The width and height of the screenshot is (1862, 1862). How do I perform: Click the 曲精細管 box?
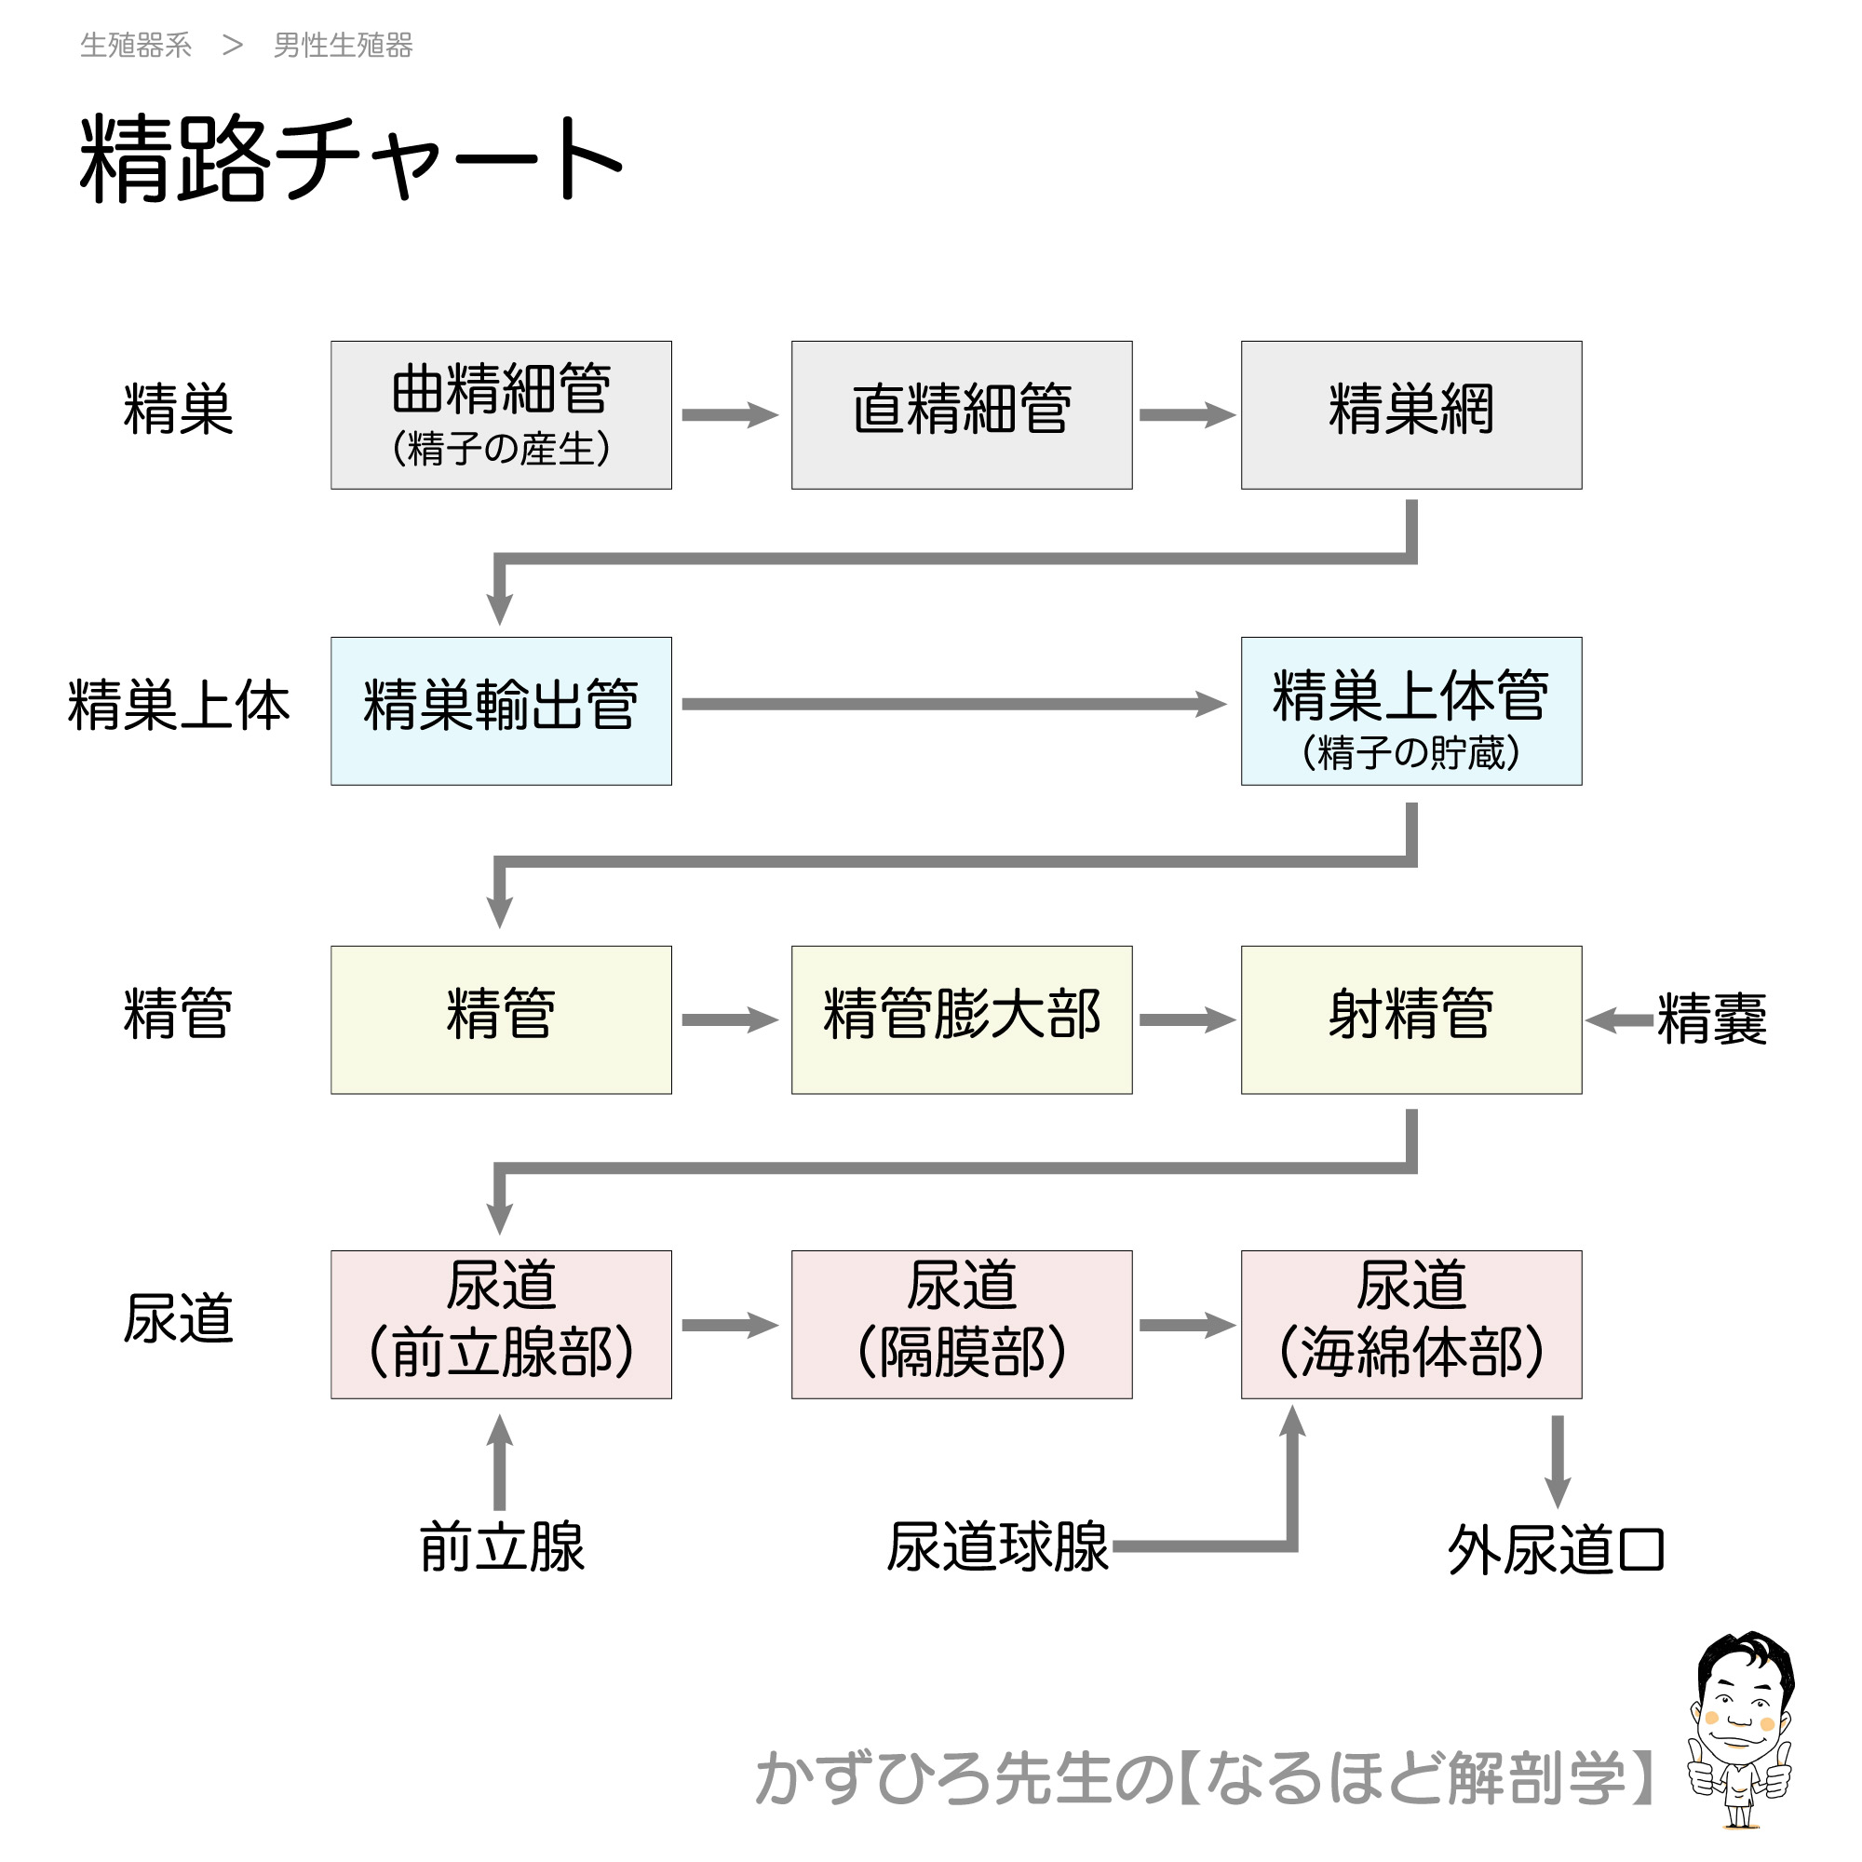tap(501, 414)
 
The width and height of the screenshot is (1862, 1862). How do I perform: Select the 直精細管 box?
tap(961, 414)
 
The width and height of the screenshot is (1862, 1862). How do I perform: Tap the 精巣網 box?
tap(1411, 414)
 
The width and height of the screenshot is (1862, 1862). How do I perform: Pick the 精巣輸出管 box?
tap(501, 710)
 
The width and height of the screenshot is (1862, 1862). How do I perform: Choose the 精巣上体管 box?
tap(1411, 710)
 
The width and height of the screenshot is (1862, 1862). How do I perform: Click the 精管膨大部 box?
tap(961, 1019)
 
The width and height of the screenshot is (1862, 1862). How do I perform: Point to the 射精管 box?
tap(1411, 1019)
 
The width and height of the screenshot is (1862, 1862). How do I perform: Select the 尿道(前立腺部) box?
tap(501, 1324)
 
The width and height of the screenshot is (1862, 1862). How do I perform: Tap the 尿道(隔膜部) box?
tap(961, 1324)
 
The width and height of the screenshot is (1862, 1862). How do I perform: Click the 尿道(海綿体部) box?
tap(1411, 1324)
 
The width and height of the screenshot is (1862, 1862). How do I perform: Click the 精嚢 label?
tap(1712, 1019)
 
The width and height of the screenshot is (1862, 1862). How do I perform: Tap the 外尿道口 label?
tap(1556, 1551)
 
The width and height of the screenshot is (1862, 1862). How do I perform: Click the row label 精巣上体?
tap(179, 706)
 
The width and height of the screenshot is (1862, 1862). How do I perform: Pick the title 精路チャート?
tap(352, 159)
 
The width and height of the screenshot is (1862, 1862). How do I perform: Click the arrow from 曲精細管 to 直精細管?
tap(730, 415)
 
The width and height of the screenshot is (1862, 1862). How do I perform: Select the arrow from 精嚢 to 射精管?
tap(1619, 1019)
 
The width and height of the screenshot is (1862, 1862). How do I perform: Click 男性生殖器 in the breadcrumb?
tap(344, 46)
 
